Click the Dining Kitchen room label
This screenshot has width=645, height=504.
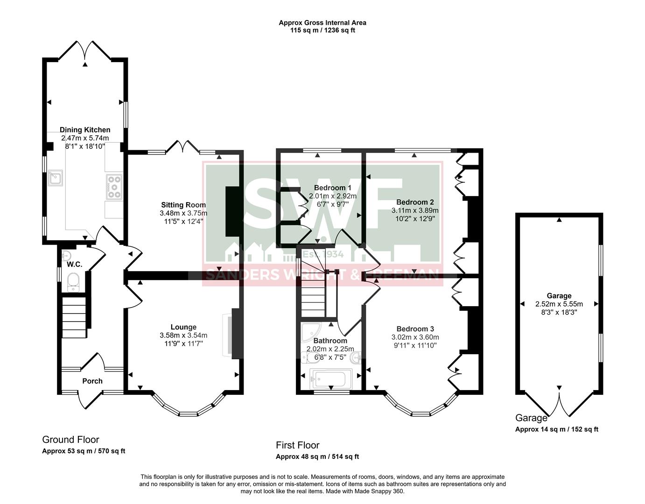tap(85, 130)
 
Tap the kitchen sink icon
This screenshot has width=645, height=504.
tap(56, 178)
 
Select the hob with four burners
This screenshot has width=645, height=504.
tap(114, 187)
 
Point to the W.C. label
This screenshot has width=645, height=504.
tap(74, 265)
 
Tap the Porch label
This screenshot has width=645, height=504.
tap(92, 381)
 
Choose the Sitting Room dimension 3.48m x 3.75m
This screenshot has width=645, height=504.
tap(183, 213)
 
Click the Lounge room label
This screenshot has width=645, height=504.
tap(183, 327)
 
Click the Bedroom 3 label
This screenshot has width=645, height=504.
tap(415, 329)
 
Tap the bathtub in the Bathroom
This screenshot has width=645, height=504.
tap(330, 378)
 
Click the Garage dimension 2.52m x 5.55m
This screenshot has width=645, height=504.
tap(559, 304)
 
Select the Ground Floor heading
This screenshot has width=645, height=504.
tap(70, 440)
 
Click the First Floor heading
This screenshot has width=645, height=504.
tap(298, 445)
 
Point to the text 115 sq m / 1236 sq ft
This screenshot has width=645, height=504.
tap(322, 30)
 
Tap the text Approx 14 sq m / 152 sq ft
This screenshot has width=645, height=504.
tap(556, 429)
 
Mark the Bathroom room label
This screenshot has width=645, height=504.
tap(330, 341)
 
